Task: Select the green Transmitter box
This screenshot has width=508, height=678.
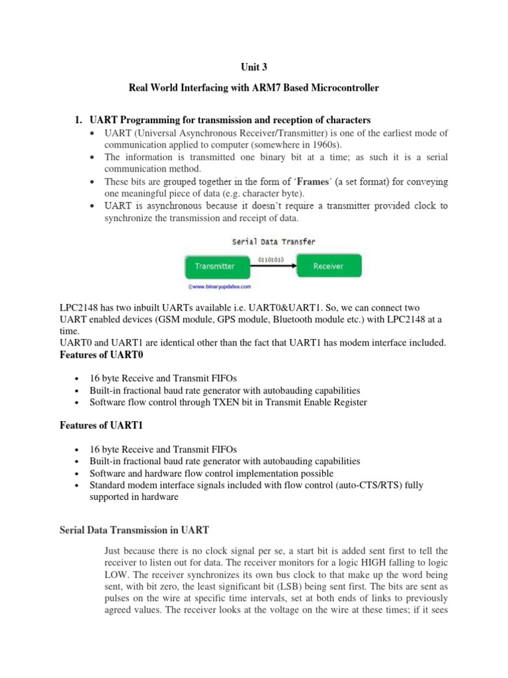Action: (214, 266)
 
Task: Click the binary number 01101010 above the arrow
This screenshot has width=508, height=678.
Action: (271, 260)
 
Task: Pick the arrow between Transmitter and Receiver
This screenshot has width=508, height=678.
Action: (271, 266)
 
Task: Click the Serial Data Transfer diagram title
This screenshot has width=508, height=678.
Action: (273, 242)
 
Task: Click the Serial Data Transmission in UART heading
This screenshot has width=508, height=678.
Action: (134, 530)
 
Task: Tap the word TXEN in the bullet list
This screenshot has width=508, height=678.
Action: (239, 403)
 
